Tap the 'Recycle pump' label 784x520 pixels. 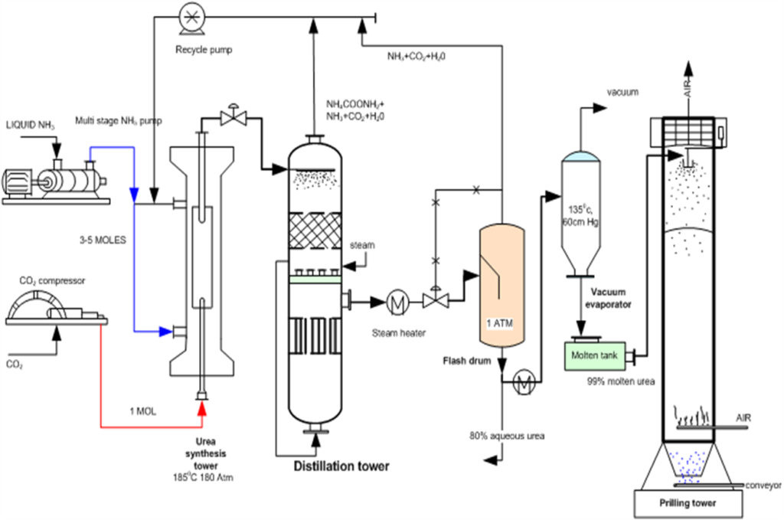204,50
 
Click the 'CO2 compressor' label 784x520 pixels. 53,281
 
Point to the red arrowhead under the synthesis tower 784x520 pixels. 202,408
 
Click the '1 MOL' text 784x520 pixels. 142,411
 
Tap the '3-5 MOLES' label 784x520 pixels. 103,240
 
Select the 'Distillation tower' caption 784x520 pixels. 341,466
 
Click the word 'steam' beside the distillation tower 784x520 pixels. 362,245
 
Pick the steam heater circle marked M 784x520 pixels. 398,302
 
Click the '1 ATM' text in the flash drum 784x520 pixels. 500,323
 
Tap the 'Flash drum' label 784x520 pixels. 467,361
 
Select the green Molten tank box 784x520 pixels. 594,355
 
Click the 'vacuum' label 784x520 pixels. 622,93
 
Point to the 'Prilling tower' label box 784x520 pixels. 688,503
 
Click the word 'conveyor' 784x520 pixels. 763,486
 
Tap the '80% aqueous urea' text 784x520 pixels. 507,436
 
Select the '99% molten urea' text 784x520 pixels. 621,381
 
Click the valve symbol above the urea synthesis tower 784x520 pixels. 233,117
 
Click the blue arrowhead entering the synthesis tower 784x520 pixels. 165,331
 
